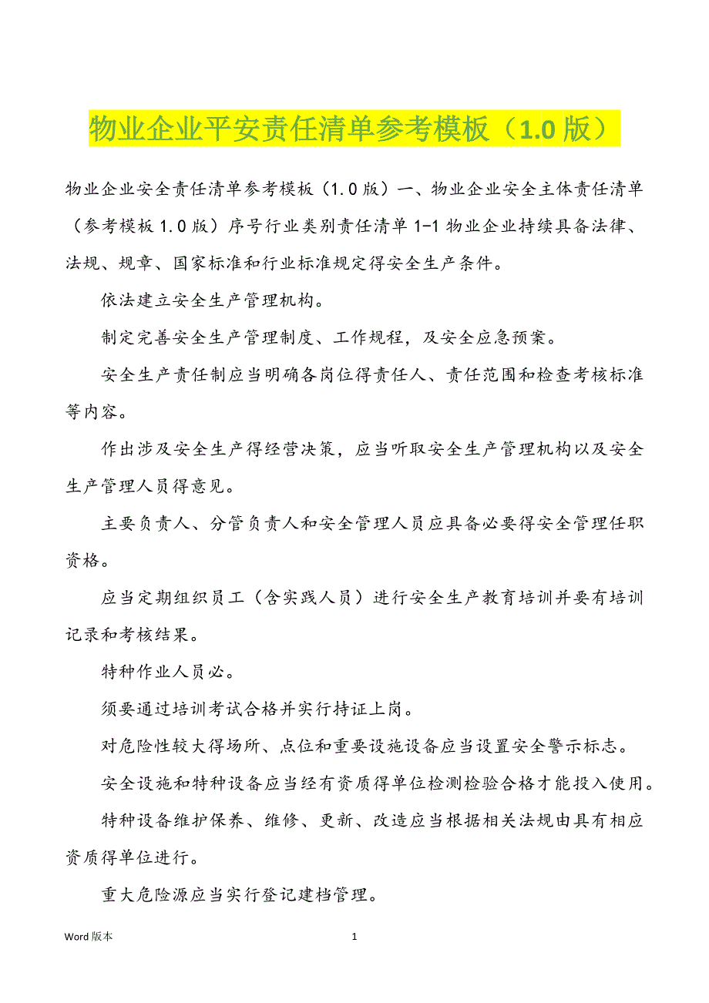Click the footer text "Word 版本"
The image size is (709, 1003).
pyautogui.click(x=89, y=936)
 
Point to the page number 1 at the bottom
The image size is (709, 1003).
pyautogui.click(x=354, y=936)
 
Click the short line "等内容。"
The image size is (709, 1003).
pyautogui.click(x=93, y=413)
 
